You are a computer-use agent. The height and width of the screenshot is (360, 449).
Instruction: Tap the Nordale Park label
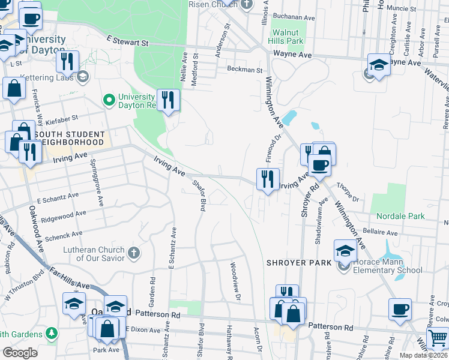[400, 216]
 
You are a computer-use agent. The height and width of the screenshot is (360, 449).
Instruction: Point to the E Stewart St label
[127, 43]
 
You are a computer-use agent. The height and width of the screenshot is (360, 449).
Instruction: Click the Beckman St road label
[245, 70]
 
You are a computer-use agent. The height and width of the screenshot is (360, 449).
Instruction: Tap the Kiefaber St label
[61, 118]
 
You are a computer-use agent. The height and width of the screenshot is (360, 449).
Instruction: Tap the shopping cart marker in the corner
[437, 338]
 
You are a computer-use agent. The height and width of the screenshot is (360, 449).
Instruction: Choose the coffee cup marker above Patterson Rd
[399, 310]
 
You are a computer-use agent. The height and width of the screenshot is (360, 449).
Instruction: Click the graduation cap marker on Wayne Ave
[379, 65]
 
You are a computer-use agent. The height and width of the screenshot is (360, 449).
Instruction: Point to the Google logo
[20, 353]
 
